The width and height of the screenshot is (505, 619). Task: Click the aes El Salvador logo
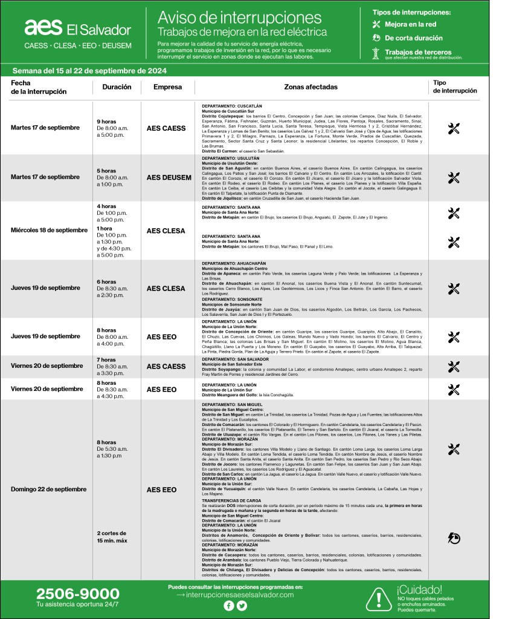(77, 28)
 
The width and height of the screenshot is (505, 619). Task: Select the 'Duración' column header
(117, 87)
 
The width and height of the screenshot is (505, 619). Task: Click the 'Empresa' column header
(167, 87)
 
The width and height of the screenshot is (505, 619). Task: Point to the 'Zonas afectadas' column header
(310, 87)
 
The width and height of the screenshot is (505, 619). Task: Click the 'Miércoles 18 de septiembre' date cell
(50, 231)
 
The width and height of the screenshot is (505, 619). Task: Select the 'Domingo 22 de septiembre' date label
(48, 489)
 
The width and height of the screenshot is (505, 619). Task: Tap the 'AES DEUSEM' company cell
(167, 178)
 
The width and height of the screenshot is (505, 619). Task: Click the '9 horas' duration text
(108, 122)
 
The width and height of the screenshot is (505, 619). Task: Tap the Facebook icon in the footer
(229, 606)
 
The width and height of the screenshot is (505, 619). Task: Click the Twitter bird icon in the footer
(242, 606)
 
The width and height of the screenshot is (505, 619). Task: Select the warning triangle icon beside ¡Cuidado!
(379, 597)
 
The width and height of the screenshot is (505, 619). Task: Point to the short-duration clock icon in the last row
(454, 536)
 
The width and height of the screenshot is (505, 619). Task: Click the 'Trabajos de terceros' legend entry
(417, 53)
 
